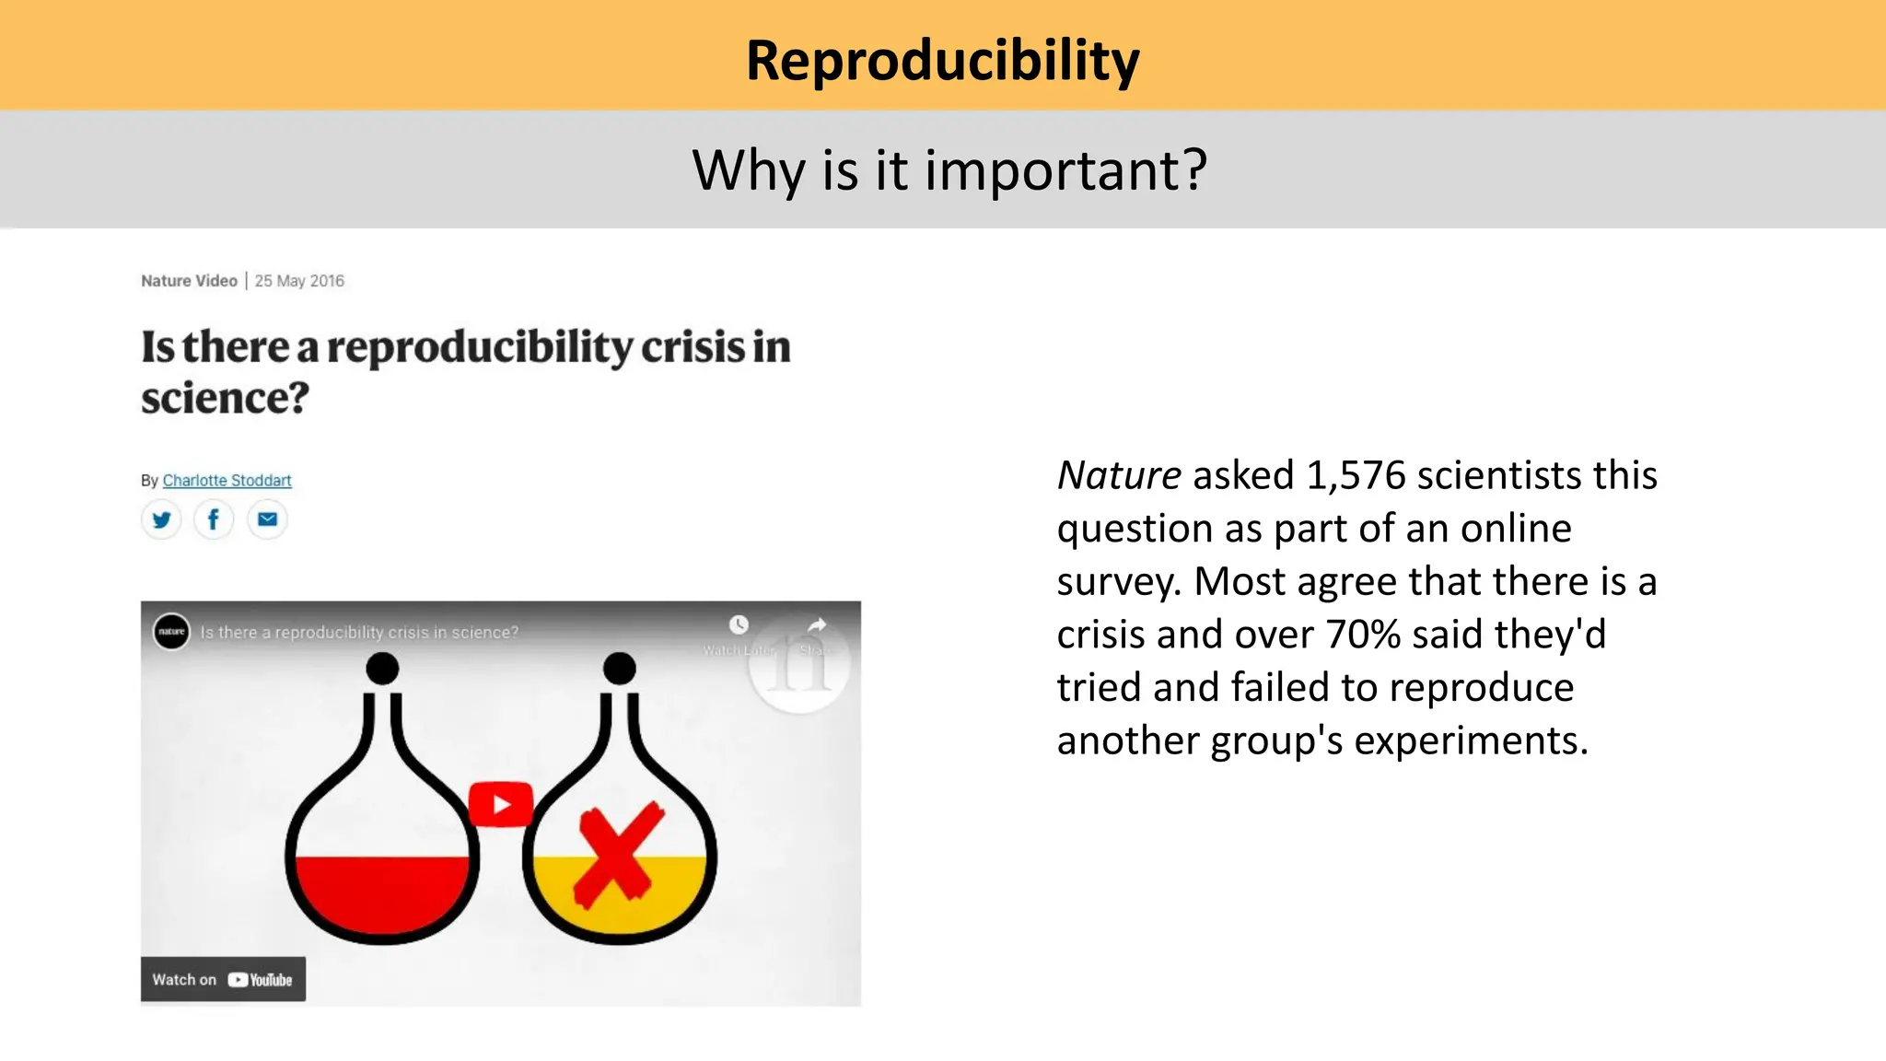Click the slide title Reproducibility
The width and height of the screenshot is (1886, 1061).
coord(942,61)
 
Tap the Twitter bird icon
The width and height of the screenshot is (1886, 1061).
coord(161,519)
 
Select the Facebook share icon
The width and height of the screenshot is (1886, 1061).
coord(214,519)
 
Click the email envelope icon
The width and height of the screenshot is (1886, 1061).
coord(267,519)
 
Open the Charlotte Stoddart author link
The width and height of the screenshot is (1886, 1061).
coord(227,480)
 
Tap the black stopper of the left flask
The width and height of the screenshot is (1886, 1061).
coord(382,668)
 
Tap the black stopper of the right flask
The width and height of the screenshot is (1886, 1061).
coord(619,668)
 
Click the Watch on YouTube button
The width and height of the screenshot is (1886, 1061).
coord(223,979)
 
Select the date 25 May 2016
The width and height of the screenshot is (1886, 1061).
coord(299,281)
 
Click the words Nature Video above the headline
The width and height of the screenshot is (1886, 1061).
coord(189,281)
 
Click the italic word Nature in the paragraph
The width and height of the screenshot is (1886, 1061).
coord(1119,475)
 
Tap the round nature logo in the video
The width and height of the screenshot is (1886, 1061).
coord(171,632)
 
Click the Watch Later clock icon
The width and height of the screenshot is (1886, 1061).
coord(739,625)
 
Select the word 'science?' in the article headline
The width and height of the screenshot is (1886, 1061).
coord(225,398)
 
